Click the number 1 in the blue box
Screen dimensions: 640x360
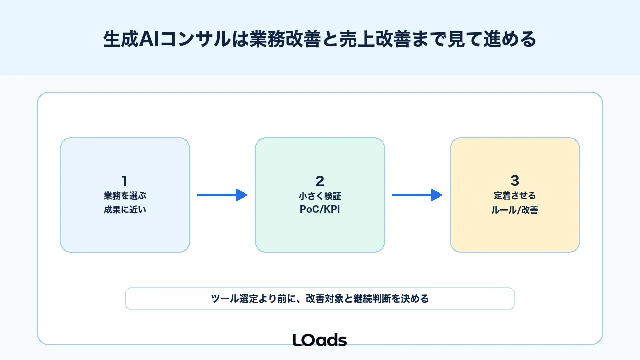(x=124, y=181)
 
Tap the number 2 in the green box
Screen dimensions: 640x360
(x=320, y=181)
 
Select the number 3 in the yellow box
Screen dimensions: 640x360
(x=515, y=180)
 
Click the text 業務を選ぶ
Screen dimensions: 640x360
(x=125, y=196)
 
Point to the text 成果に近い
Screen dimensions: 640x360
(x=125, y=210)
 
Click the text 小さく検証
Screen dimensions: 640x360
(x=320, y=196)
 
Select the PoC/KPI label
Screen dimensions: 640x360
(x=320, y=209)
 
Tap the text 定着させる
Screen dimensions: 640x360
(x=515, y=196)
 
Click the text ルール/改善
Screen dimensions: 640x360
(x=515, y=210)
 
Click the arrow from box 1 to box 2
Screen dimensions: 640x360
(x=222, y=195)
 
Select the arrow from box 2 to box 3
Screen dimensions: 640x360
(x=417, y=195)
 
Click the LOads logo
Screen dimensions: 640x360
(x=320, y=340)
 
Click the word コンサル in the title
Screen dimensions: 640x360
(x=195, y=39)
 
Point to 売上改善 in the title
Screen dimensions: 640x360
(x=375, y=39)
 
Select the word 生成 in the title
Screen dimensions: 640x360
(x=121, y=39)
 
